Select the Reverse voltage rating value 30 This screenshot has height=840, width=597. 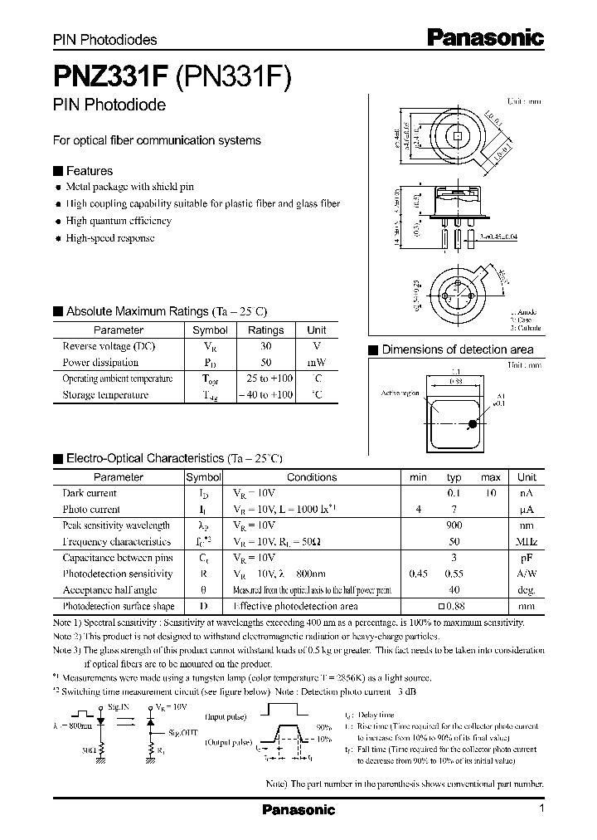[x=265, y=346]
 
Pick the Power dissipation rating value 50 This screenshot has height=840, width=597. [x=265, y=363]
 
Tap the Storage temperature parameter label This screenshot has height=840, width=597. [x=105, y=395]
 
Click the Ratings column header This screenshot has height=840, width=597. [x=265, y=330]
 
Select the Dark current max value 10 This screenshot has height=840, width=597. [x=491, y=493]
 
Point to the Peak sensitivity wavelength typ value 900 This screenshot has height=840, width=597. [x=454, y=525]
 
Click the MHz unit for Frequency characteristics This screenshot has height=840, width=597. [x=527, y=541]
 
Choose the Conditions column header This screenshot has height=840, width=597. [x=312, y=477]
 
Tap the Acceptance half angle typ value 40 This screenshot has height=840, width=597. [x=454, y=590]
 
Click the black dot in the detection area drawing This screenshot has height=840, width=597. [x=472, y=424]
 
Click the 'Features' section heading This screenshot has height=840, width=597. [x=89, y=170]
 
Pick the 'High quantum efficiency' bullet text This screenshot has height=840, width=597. [x=119, y=221]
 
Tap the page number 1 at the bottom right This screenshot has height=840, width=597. [x=541, y=808]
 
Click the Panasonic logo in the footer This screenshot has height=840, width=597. [x=298, y=809]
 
